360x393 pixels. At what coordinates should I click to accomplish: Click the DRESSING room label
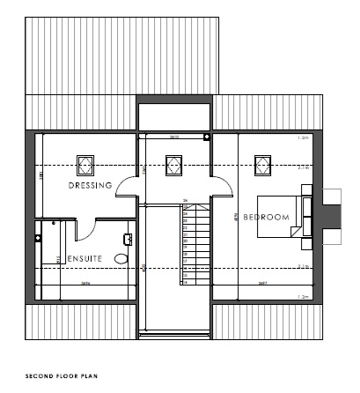pyautogui.click(x=90, y=186)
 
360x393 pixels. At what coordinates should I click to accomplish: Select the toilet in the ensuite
pyautogui.click(x=121, y=257)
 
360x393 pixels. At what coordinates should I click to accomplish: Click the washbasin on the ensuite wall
pyautogui.click(x=129, y=238)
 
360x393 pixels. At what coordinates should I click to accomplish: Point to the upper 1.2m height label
pyautogui.click(x=304, y=138)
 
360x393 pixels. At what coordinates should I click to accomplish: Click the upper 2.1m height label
pyautogui.click(x=304, y=167)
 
